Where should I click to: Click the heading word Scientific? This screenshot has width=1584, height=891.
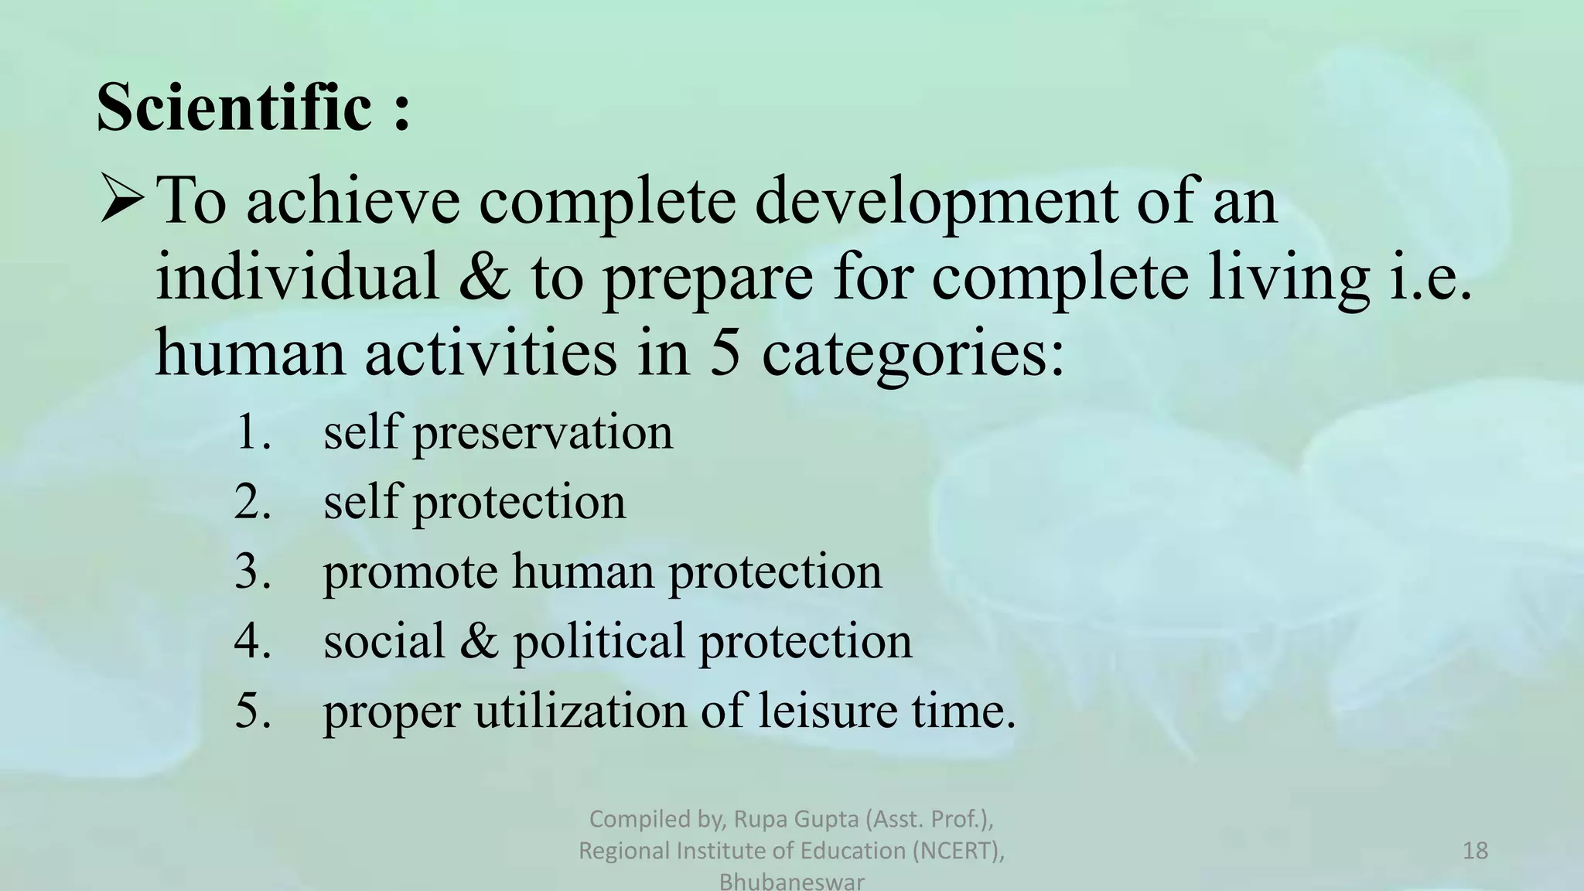(x=234, y=108)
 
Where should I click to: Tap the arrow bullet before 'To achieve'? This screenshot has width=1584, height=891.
(x=122, y=200)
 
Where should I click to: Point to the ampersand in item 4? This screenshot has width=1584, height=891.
(x=480, y=641)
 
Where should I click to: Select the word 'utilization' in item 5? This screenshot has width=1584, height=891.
(x=581, y=711)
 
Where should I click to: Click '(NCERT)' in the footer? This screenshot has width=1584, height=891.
(x=958, y=851)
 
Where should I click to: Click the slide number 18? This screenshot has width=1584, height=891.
(x=1475, y=851)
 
